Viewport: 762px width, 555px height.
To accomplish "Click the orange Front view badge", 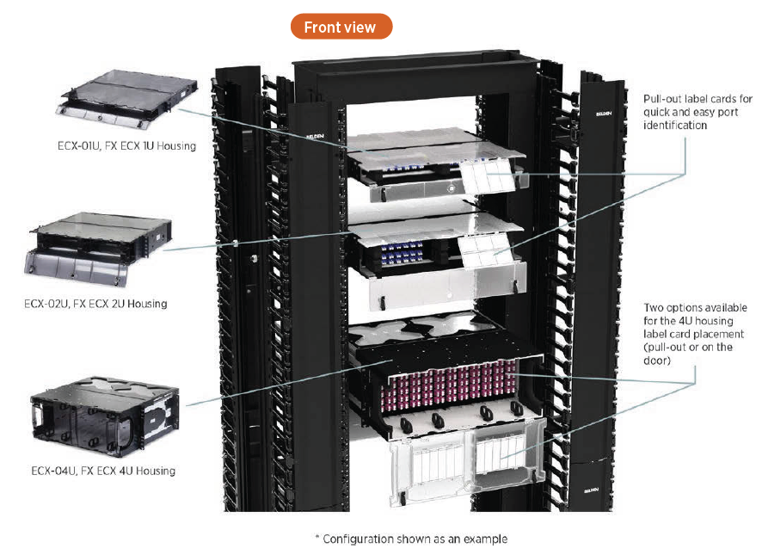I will [341, 27].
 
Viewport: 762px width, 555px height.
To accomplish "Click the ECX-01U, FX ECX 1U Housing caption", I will [121, 145].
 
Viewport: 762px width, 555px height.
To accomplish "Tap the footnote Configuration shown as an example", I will [411, 539].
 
